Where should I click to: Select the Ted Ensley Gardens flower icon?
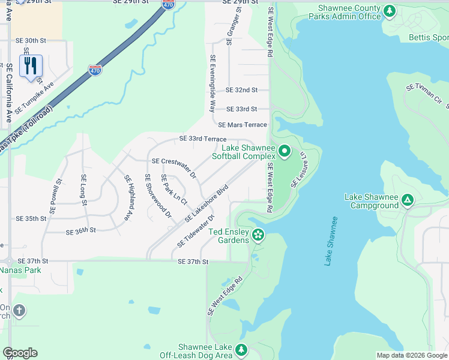pyautogui.click(x=258, y=235)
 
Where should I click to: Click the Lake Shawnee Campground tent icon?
pyautogui.click(x=407, y=200)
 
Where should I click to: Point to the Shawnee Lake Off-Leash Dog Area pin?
pyautogui.click(x=241, y=349)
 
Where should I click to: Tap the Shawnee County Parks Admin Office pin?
pyautogui.click(x=390, y=11)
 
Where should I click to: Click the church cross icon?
pyautogui.click(x=19, y=310)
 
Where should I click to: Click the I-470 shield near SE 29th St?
pyautogui.click(x=169, y=5)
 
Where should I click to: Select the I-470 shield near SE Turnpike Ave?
pyautogui.click(x=95, y=70)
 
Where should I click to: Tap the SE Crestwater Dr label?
pyautogui.click(x=174, y=168)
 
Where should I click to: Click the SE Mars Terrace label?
pyautogui.click(x=243, y=125)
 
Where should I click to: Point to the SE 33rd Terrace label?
pyautogui.click(x=203, y=139)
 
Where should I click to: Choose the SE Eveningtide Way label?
pyautogui.click(x=212, y=84)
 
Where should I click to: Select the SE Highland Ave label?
pyautogui.click(x=128, y=197)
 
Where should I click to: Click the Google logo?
pyautogui.click(x=20, y=353)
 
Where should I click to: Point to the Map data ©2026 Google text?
pyautogui.click(x=411, y=355)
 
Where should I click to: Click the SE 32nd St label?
pyautogui.click(x=241, y=90)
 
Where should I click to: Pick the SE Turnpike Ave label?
pyautogui.click(x=34, y=98)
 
